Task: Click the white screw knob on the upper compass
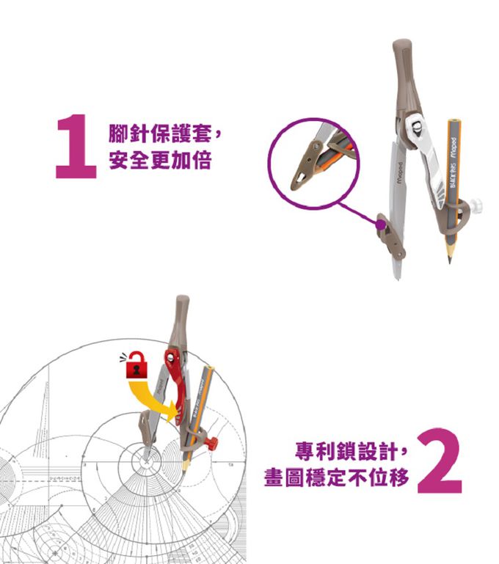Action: pos(481,203)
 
